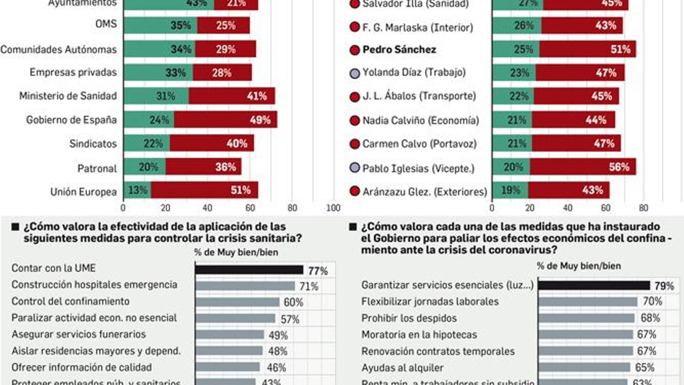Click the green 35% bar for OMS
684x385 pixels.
(x=160, y=25)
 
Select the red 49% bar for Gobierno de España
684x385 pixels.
(x=225, y=120)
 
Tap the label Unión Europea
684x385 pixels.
(x=83, y=192)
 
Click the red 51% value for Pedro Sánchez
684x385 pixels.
(x=620, y=49)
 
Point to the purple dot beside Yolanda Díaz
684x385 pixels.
(x=354, y=73)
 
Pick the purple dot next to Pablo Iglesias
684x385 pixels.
(x=354, y=168)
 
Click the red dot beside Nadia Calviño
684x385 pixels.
(x=354, y=121)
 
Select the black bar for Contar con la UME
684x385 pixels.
(x=249, y=270)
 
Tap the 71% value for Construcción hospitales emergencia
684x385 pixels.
(x=309, y=286)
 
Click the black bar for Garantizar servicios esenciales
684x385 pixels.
(x=594, y=285)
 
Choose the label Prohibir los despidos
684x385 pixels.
(x=409, y=318)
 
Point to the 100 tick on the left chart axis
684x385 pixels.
(x=333, y=208)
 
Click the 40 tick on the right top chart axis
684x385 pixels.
(x=567, y=208)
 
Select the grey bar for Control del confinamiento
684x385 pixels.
(x=237, y=302)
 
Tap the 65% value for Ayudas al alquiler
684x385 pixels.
(x=644, y=367)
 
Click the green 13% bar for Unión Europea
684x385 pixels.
(x=137, y=190)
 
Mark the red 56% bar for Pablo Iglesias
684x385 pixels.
(x=582, y=167)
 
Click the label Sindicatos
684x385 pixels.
(x=93, y=144)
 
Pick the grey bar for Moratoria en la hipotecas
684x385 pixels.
(x=586, y=335)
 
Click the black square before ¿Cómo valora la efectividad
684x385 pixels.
(x=15, y=227)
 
